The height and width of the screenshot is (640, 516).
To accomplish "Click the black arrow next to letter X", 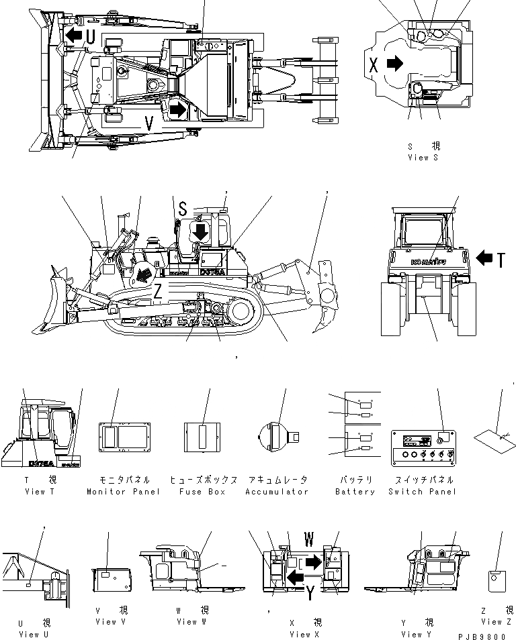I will pos(396,64).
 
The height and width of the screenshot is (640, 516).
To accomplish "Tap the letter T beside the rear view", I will pos(501,259).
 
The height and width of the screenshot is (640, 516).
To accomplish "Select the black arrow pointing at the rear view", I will pos(483,257).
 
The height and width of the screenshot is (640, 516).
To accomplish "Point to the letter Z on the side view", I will pos(157,292).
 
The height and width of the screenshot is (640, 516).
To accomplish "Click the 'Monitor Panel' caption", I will pos(124,492).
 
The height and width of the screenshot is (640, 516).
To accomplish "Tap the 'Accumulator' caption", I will pos(277,492).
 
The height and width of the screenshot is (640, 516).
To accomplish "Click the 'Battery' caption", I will pos(355,492).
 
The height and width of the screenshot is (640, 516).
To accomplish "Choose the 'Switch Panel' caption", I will pos(422,492).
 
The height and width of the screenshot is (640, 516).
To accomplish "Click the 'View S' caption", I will pos(422,158).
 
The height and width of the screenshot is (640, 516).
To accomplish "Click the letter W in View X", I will pos(309,539).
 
